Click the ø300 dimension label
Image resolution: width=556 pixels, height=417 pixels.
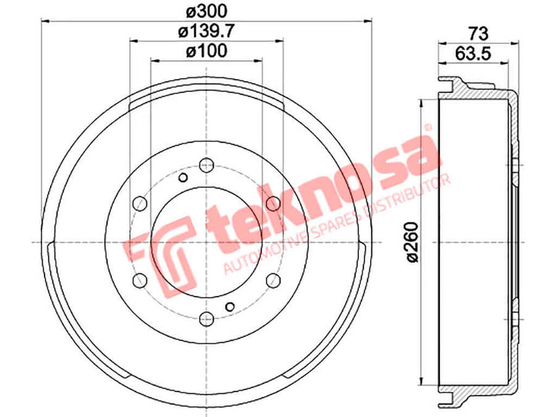[x=206, y=11]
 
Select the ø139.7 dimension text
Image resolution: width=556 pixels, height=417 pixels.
[x=206, y=32]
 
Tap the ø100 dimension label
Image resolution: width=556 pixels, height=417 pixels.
[x=206, y=51]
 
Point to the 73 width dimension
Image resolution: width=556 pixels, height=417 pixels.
[x=478, y=34]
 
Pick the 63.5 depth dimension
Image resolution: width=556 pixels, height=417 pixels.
[x=473, y=54]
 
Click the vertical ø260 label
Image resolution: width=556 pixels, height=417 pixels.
[x=413, y=242]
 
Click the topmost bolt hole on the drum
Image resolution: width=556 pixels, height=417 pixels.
[x=206, y=165]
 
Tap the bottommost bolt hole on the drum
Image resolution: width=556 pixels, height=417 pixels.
[x=206, y=319]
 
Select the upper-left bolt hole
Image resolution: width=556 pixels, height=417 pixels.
[x=140, y=203]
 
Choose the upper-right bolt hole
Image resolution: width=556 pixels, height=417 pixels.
[x=273, y=203]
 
